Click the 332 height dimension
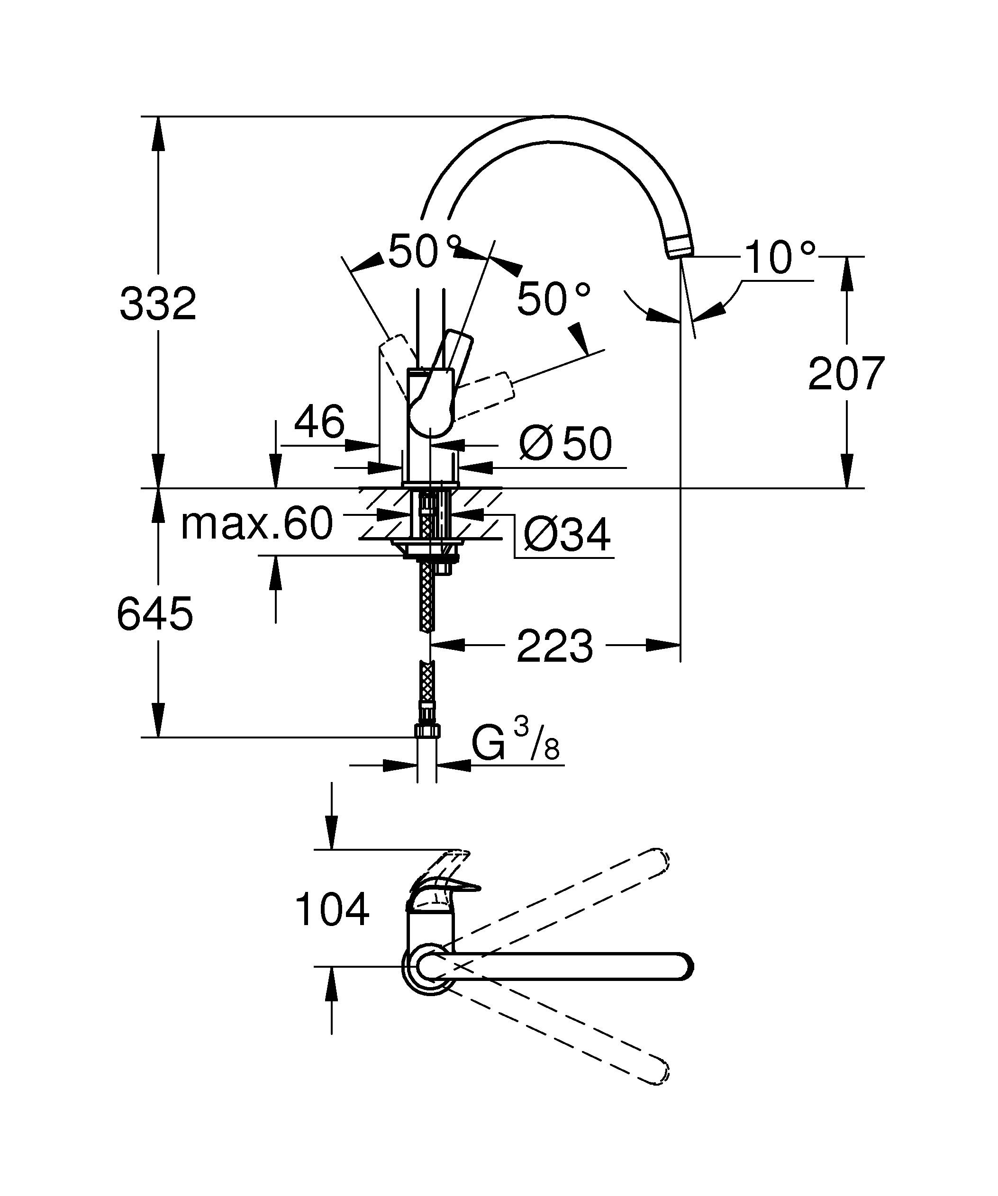[x=158, y=304]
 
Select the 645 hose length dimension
[x=154, y=614]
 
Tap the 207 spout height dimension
[x=846, y=374]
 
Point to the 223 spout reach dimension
[x=554, y=647]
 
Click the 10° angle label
[x=779, y=258]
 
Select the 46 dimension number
[x=319, y=422]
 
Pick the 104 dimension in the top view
[x=332, y=909]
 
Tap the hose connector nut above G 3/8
[x=427, y=729]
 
